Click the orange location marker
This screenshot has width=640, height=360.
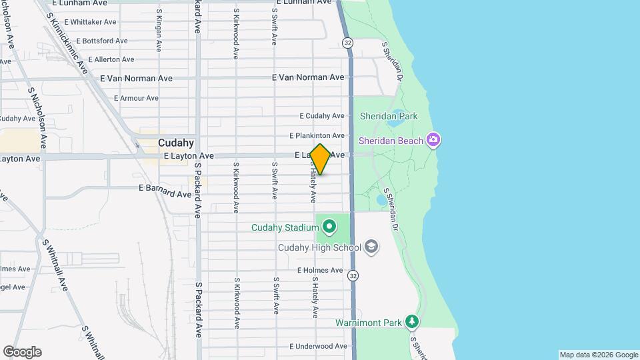point(320,159)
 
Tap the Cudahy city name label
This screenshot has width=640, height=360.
point(176,143)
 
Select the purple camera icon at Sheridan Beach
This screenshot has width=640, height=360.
point(434,140)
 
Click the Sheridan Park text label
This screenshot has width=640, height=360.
point(389,116)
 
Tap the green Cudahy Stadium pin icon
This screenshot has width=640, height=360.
point(329,228)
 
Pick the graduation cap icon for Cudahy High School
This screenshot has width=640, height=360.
point(372,248)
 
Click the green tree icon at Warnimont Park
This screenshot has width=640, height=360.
point(413,323)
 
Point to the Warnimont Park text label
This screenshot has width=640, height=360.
point(369,323)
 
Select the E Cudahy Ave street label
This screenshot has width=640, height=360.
point(322,116)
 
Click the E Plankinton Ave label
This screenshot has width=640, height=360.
point(317,136)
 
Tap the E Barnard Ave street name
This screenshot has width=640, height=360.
point(165,191)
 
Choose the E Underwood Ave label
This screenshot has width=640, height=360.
point(318,347)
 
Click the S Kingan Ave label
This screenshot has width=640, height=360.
point(159,31)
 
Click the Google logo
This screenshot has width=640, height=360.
point(22,352)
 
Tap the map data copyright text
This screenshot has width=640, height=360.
point(599,355)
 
